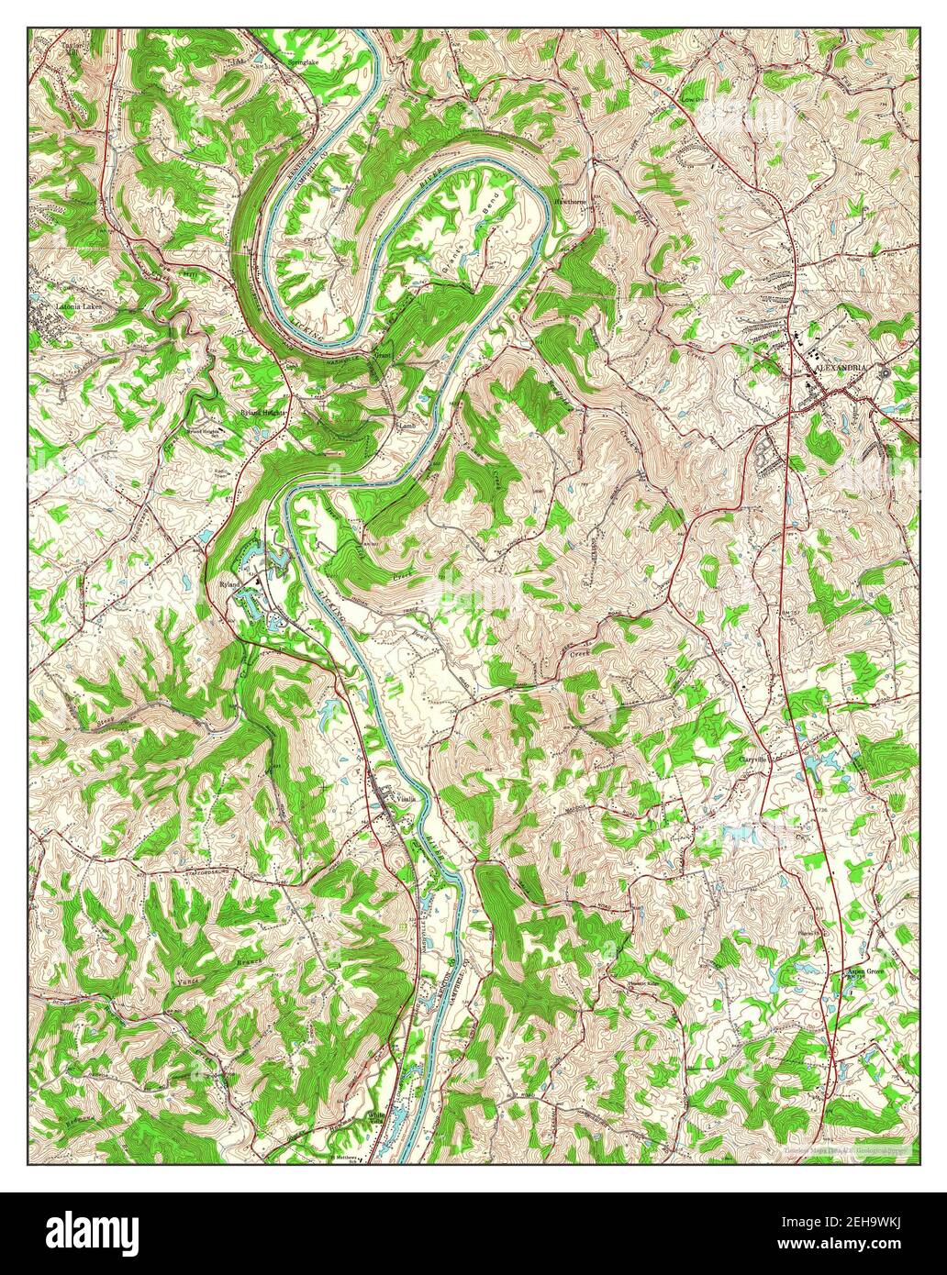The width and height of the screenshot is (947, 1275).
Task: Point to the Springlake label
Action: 303,62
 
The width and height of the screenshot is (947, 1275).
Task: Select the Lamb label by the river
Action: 407,427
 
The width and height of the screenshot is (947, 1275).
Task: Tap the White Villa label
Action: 374,1118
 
